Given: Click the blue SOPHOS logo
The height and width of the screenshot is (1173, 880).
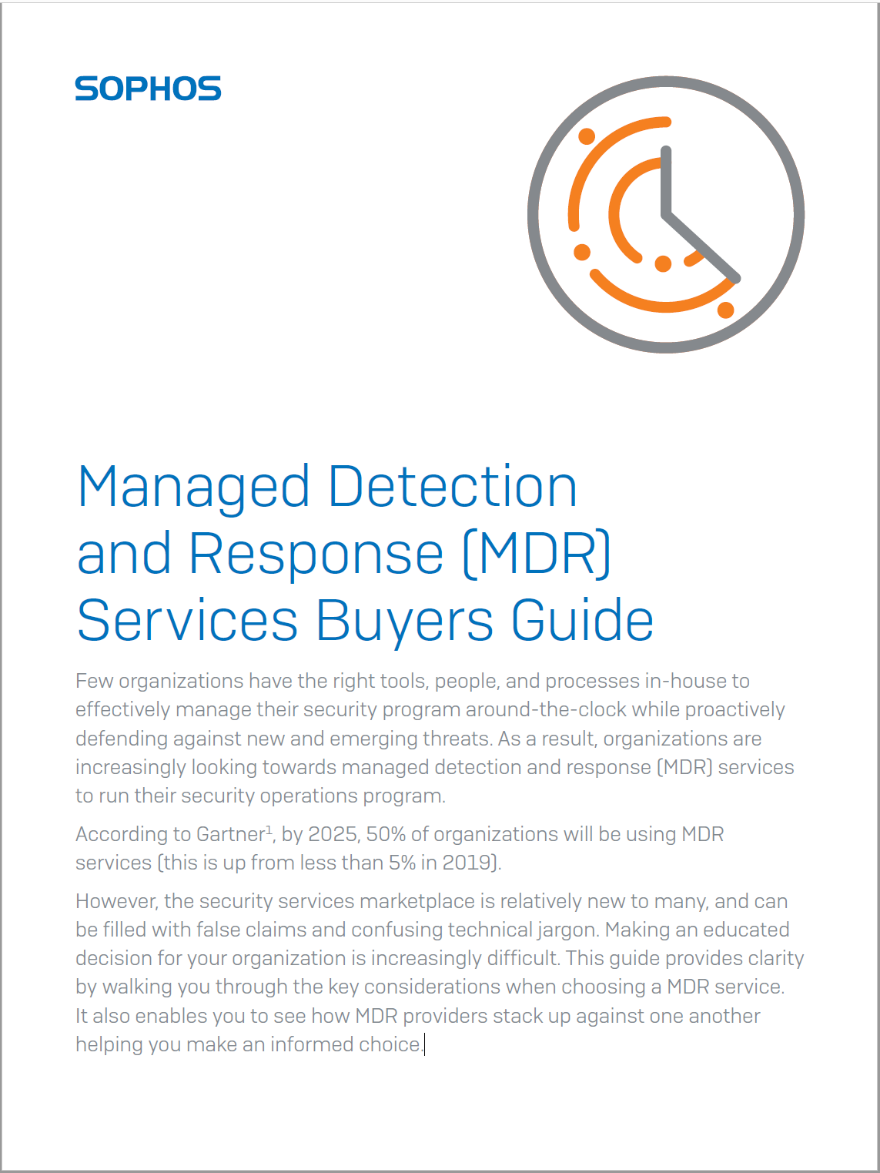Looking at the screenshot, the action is [x=148, y=88].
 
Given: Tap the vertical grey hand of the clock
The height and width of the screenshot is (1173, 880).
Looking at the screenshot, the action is [x=666, y=182].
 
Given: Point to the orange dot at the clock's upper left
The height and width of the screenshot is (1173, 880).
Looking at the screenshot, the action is [x=587, y=136].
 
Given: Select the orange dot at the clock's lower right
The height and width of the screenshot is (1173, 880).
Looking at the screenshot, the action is [x=726, y=310].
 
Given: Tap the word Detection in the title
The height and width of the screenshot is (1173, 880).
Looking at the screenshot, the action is [x=452, y=486].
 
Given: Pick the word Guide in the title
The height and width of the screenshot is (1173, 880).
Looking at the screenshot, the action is [x=583, y=619].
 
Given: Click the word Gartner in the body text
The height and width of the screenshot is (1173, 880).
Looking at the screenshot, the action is [x=231, y=834].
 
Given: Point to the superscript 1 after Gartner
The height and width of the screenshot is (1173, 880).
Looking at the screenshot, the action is [x=269, y=829].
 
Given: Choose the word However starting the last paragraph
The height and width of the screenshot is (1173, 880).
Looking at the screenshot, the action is [x=116, y=902].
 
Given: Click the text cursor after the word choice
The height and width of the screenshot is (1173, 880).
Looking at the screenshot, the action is [x=424, y=1044].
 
